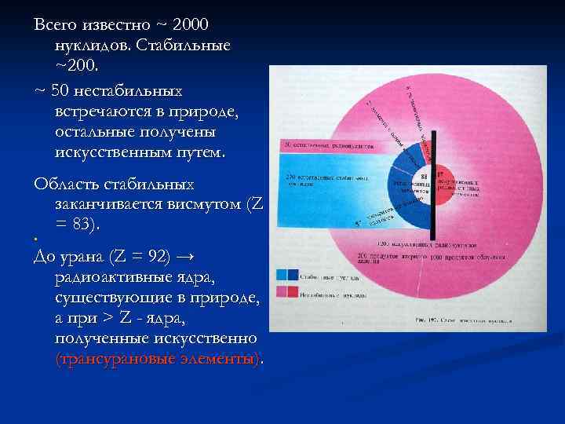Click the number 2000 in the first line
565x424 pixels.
186,24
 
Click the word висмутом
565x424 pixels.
204,204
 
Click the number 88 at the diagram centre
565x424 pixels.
424,177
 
